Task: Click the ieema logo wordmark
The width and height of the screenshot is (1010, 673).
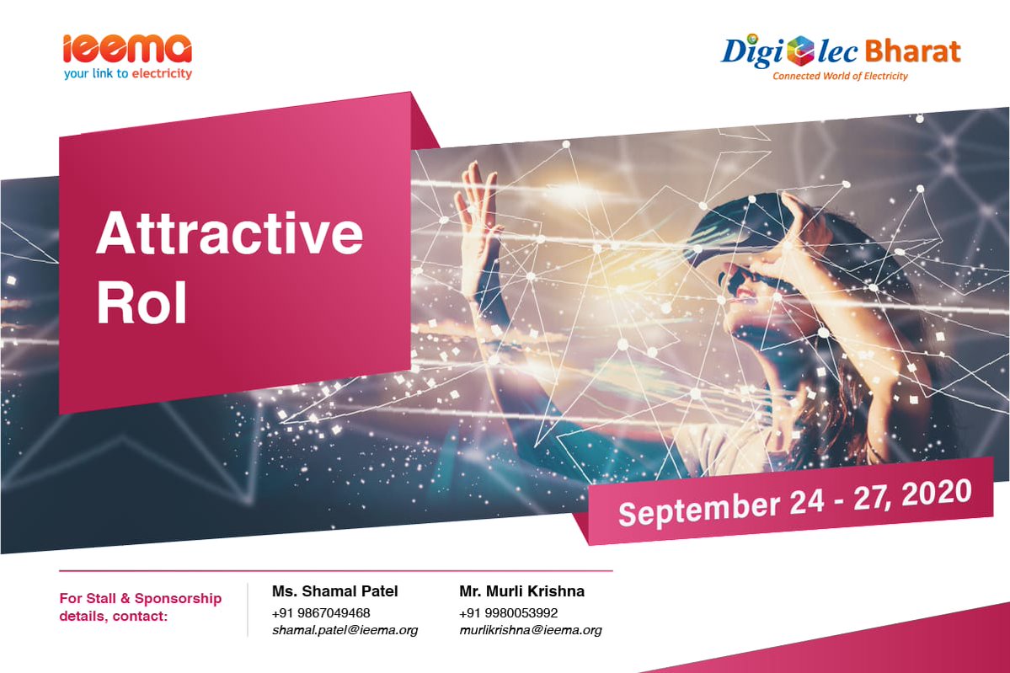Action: [127, 49]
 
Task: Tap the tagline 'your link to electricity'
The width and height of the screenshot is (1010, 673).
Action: [127, 73]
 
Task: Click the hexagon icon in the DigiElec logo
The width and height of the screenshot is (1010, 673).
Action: [800, 51]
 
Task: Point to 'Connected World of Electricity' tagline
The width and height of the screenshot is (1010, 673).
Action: [840, 76]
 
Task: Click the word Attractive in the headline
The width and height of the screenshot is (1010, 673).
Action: [229, 232]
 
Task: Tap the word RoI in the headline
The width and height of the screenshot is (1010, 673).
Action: [142, 302]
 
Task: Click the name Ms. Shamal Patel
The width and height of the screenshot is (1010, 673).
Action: [335, 591]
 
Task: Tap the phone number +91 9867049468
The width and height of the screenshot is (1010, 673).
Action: [321, 613]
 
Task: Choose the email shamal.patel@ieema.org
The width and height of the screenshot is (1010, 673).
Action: [345, 630]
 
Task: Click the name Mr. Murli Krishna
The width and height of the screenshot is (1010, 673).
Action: [521, 591]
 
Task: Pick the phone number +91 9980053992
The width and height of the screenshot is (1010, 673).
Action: [508, 613]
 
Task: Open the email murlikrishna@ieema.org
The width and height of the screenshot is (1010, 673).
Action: [530, 630]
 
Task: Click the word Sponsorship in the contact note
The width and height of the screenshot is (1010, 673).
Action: [178, 599]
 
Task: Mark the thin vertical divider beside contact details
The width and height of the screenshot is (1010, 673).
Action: [248, 610]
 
